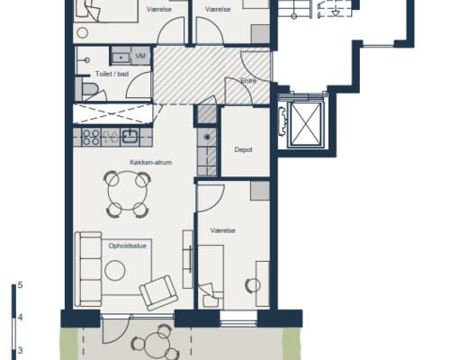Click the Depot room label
click(243, 149)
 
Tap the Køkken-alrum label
click(150, 162)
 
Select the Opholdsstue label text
click(128, 246)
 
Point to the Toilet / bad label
click(112, 74)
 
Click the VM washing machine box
click(140, 56)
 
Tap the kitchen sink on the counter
click(130, 137)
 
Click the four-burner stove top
click(91, 137)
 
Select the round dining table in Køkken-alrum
click(128, 191)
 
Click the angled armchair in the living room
click(158, 292)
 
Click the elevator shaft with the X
click(305, 124)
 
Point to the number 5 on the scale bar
click(20, 284)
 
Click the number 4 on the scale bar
click(20, 318)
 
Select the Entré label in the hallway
click(248, 81)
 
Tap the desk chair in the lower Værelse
click(253, 285)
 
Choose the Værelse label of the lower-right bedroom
click(222, 230)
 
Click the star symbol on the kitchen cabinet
click(207, 137)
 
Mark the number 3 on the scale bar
click(20, 350)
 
